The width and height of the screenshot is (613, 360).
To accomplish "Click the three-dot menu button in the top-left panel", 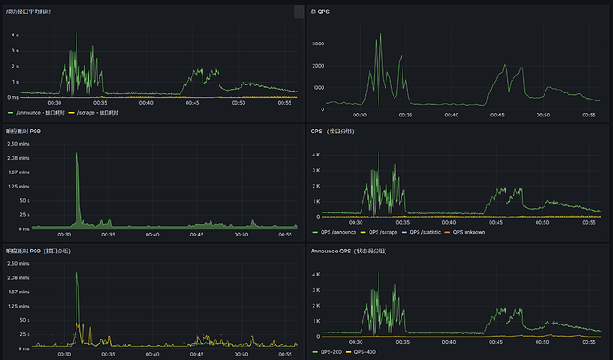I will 299,12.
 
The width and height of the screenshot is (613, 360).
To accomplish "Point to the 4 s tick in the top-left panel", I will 14,36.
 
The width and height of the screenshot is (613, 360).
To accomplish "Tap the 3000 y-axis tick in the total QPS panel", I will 318,43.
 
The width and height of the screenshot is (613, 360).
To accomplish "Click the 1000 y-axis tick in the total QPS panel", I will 319,87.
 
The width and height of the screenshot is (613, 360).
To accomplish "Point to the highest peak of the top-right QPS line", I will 377,38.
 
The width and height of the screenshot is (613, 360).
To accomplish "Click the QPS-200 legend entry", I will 330,352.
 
